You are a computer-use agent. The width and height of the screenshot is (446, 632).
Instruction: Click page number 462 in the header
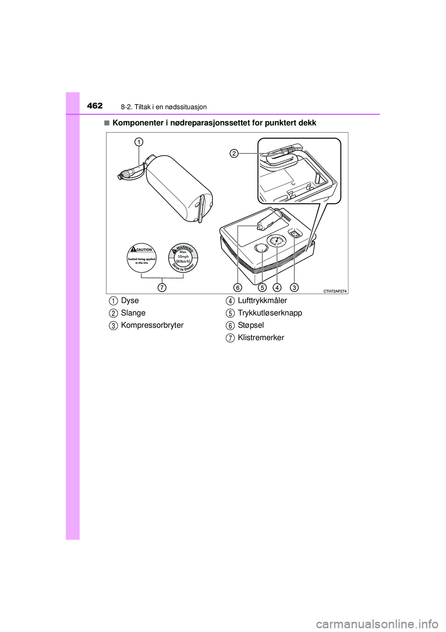point(95,106)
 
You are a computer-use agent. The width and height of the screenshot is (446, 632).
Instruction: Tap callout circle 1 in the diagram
point(138,141)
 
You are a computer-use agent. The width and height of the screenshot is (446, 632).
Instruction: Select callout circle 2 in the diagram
point(234,153)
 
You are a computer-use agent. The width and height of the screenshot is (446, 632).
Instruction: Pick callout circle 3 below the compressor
point(295,287)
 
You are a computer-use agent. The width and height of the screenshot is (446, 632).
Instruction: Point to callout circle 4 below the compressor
point(277,287)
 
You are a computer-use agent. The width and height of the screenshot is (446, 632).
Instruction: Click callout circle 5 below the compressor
point(262,287)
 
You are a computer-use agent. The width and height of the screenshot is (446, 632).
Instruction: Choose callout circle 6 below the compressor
point(238,287)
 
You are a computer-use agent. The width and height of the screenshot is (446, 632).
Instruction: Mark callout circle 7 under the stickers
point(162,287)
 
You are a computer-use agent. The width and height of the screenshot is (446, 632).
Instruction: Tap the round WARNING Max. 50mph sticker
point(183,258)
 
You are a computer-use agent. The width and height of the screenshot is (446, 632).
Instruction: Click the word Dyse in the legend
point(130,301)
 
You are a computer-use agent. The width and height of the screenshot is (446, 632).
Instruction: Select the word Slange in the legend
point(133,313)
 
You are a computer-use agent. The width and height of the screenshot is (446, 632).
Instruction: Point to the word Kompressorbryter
point(152,325)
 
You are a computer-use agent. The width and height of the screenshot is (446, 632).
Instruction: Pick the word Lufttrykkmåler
point(262,301)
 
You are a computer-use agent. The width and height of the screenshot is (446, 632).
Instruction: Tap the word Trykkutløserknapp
point(270,313)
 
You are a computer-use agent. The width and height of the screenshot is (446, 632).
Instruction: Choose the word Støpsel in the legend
point(251,325)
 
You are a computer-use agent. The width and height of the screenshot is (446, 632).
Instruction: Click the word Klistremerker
point(261,338)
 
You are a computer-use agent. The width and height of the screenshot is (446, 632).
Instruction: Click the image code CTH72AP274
point(335,291)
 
